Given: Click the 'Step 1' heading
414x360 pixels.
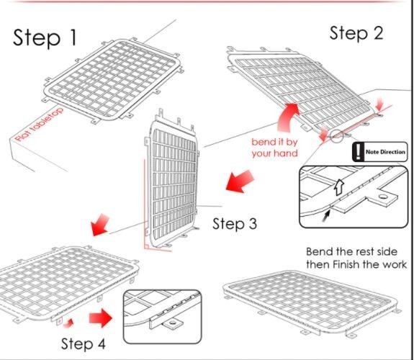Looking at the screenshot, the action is coord(45,37).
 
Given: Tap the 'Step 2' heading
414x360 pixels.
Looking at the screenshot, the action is coord(356,34).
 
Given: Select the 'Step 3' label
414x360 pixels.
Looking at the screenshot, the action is coord(235,224).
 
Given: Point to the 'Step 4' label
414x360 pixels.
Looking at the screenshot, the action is coord(84,343).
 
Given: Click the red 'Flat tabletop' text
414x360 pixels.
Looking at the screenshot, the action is coord(40,124).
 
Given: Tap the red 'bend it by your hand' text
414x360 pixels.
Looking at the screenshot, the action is coord(274,148).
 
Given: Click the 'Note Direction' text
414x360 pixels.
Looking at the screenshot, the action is coord(385,152).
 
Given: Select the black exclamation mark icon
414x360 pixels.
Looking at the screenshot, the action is coord(358,152).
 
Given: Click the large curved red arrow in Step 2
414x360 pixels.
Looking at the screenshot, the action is coord(288,117).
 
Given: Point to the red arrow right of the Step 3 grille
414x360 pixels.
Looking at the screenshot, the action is coord(240,181).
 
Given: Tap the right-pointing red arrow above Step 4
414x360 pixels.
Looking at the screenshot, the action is coord(101,318).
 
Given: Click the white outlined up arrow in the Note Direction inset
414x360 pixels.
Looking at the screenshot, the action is coord(338,187).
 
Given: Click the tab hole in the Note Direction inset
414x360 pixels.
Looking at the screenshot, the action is coord(382,197).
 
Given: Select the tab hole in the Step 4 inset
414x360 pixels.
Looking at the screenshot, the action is coord(173,323).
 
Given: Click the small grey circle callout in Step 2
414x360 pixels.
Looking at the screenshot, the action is coord(337,136).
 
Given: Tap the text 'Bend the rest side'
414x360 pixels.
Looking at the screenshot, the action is coord(351,251).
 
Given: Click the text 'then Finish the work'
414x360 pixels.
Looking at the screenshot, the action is coord(356,264).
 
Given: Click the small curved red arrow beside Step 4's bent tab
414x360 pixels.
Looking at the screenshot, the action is coord(68,323).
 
